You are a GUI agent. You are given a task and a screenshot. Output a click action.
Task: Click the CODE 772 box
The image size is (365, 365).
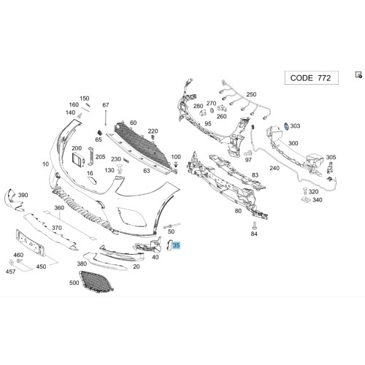(312, 78)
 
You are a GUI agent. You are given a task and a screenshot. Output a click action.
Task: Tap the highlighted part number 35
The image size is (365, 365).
(176, 245)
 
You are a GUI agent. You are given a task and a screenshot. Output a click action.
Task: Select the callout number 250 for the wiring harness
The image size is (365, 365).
(251, 94)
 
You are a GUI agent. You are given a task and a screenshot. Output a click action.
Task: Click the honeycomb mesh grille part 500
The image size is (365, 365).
(96, 282)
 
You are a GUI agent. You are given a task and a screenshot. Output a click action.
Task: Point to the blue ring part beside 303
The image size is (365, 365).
(287, 126)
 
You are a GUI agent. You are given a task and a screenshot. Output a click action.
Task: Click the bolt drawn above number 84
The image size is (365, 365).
(254, 225)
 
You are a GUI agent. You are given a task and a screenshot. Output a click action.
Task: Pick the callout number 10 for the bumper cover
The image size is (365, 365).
(46, 164)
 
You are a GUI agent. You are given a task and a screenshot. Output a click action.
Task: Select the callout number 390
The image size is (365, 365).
(23, 195)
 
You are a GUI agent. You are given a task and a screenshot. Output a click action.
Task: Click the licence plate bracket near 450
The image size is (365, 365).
(30, 243)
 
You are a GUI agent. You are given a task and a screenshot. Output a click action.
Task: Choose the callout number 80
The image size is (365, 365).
(238, 211)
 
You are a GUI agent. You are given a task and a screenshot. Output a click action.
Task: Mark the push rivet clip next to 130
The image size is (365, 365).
(120, 169)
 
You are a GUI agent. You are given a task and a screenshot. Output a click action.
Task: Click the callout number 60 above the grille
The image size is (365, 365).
(133, 123)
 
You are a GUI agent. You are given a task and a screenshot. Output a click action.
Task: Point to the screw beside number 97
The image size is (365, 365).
(247, 153)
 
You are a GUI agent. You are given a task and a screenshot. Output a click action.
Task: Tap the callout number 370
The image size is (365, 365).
(57, 228)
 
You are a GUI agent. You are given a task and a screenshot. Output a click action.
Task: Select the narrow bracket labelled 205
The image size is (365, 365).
(91, 156)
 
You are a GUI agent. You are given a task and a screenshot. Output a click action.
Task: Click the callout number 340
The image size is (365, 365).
(318, 200)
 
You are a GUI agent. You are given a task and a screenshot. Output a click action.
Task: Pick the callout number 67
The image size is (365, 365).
(106, 105)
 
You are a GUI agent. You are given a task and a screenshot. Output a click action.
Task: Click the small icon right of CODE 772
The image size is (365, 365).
(358, 74)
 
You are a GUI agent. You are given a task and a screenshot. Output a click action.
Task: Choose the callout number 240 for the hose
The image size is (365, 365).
(274, 168)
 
